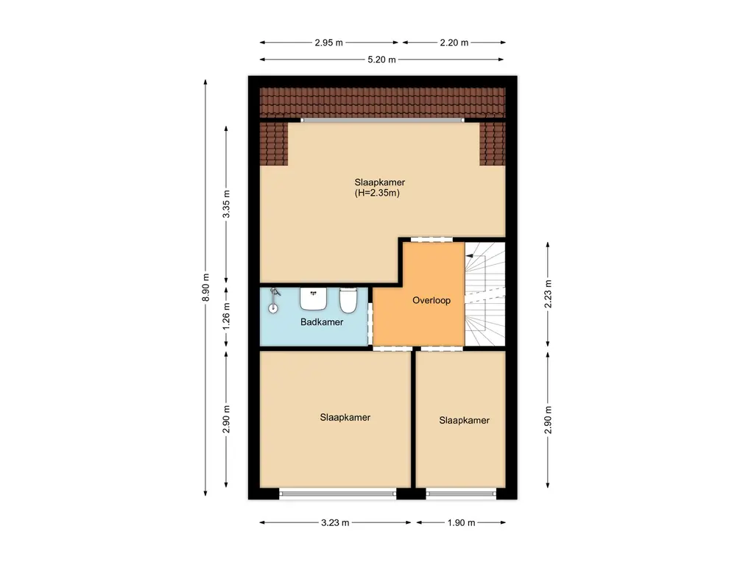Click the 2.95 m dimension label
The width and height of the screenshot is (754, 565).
click(328, 42)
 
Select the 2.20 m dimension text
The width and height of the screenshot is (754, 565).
click(454, 42)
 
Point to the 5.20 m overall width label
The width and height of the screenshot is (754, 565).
click(381, 60)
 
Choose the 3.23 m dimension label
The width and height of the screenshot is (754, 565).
click(334, 522)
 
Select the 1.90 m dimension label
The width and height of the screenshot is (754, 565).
click(461, 522)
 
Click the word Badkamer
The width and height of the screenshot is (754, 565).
click(322, 322)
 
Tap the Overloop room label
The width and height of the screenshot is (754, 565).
click(431, 300)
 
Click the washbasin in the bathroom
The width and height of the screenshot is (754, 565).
click(314, 298)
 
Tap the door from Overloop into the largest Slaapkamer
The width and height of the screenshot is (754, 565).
click(431, 239)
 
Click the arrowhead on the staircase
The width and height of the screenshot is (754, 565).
click(470, 255)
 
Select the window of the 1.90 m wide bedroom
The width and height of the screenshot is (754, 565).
click(461, 493)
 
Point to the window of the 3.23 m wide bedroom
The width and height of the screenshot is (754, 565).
click(337, 493)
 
